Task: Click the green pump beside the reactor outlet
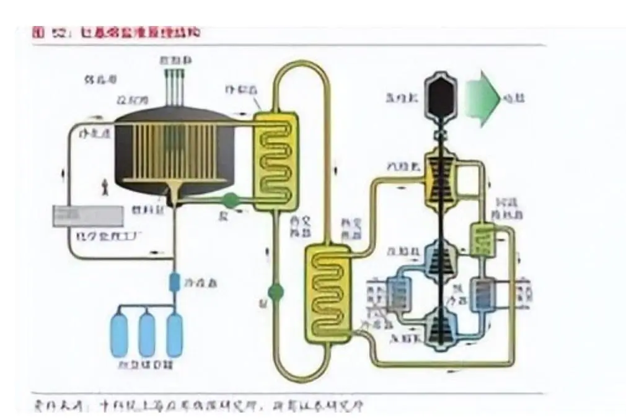pos(230,200)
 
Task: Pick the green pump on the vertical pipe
pos(275,291)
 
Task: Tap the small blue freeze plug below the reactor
pos(175,282)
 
